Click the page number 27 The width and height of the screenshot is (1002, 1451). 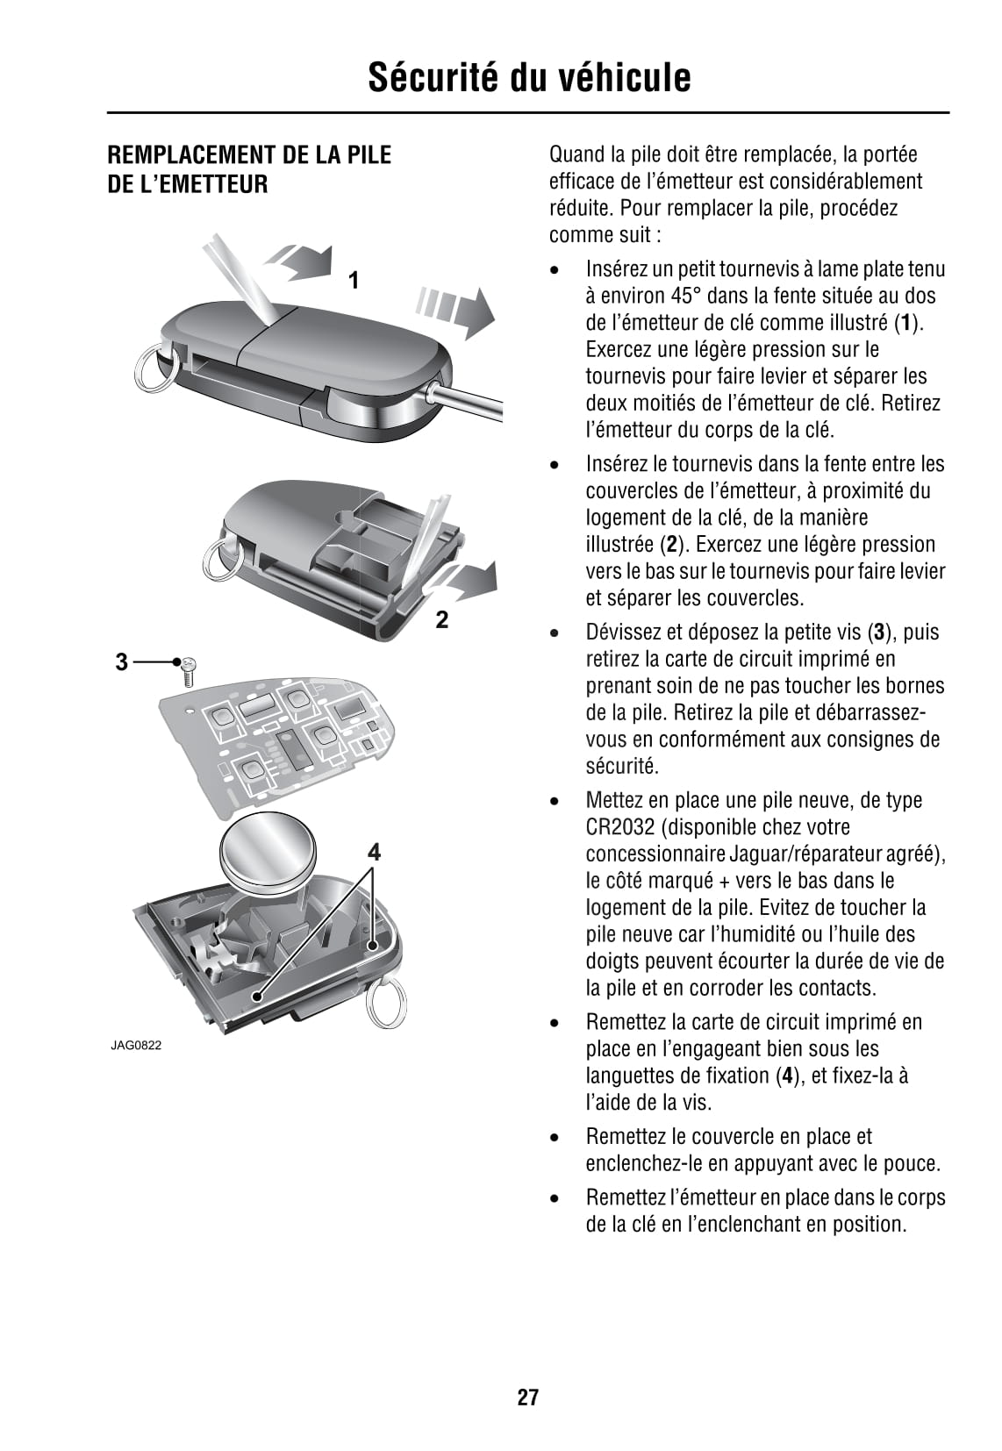[527, 1397]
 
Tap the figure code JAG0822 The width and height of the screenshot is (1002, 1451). [136, 1046]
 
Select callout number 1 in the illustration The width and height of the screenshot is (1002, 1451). [354, 281]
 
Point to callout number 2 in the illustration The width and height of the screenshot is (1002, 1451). [442, 620]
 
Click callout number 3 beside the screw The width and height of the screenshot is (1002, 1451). [122, 661]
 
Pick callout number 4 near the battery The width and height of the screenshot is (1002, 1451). [375, 852]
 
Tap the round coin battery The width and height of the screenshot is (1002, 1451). [265, 851]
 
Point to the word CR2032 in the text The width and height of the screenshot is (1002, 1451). [619, 827]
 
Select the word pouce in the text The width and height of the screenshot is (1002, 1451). [913, 1164]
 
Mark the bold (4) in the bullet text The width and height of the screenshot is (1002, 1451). [791, 1076]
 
